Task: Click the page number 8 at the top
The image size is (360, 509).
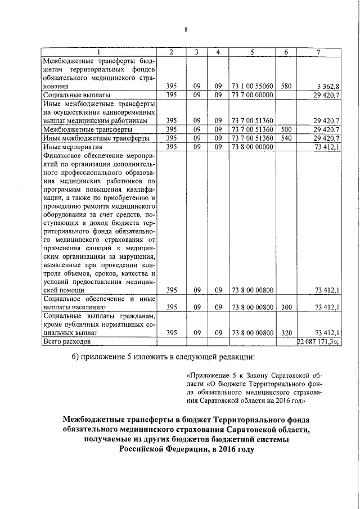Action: [186, 29]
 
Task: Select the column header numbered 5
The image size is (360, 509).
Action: [252, 52]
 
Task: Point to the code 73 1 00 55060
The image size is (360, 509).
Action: [252, 87]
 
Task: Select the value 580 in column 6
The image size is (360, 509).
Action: [286, 87]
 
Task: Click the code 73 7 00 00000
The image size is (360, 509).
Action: [252, 95]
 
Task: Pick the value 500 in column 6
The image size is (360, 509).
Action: [286, 129]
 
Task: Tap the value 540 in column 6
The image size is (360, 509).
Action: [286, 138]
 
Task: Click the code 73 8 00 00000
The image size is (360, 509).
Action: [252, 146]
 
